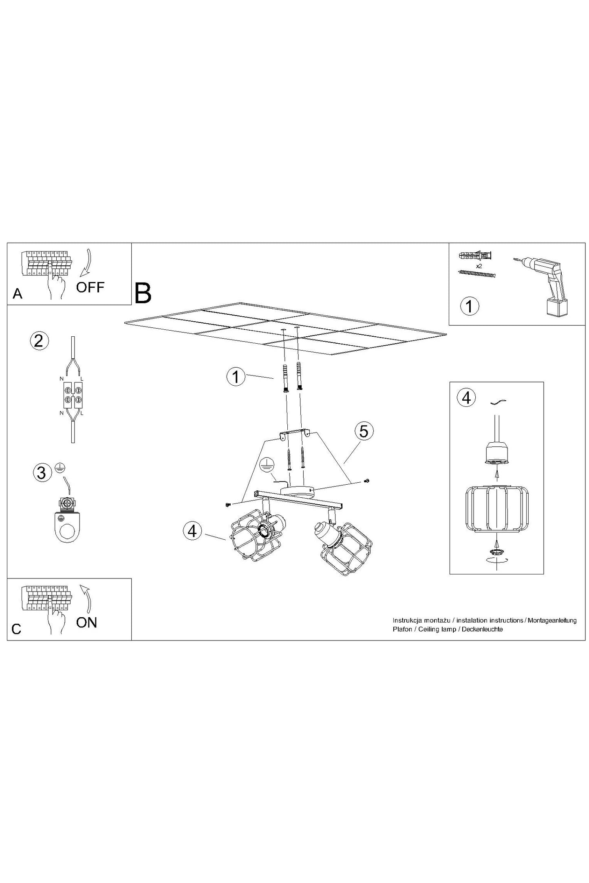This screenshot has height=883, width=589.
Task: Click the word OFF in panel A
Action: (90, 287)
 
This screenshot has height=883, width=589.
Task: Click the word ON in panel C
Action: (86, 622)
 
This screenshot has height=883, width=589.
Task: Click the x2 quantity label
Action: (479, 266)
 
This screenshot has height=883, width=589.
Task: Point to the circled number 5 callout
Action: (364, 431)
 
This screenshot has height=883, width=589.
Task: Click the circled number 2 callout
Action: (39, 341)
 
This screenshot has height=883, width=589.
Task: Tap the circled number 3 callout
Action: (42, 472)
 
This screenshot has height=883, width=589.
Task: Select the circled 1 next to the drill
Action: (469, 306)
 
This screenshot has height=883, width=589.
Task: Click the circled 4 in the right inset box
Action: (467, 397)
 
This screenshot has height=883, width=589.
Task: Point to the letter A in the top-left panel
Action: (18, 294)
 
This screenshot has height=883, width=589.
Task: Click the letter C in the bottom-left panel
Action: (17, 629)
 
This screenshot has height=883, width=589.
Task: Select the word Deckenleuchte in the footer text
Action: (482, 629)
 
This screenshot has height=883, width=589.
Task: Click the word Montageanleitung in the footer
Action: (552, 620)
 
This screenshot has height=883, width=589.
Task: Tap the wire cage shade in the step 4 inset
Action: (496, 508)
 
